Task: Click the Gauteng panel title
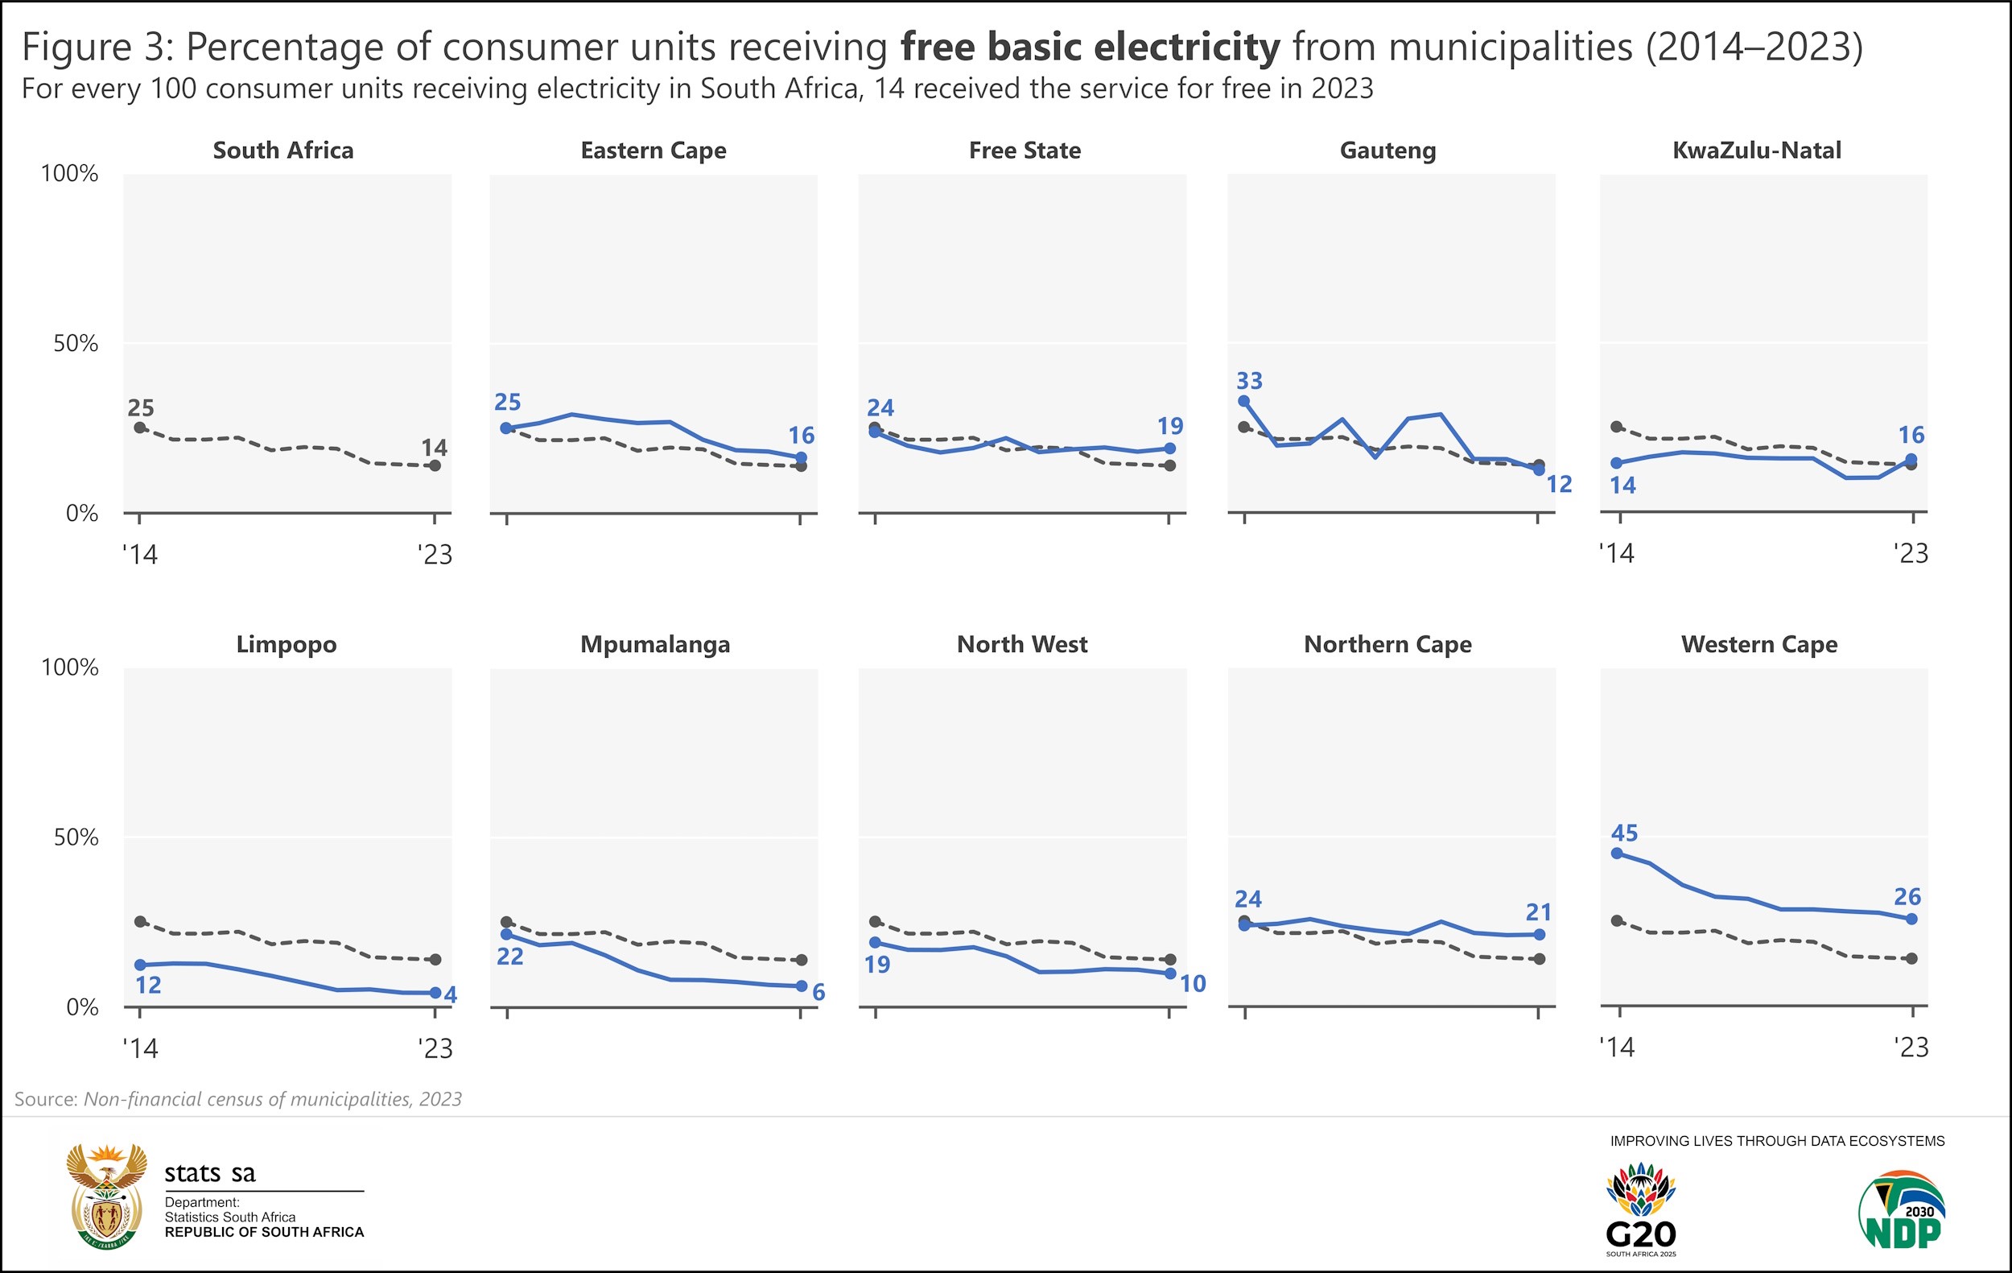1387,151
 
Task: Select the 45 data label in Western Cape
1624,833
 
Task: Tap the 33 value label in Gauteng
1249,380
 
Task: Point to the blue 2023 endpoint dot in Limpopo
435,993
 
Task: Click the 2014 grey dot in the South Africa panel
140,428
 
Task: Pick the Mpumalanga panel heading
655,644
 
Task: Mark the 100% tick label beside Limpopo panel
69,667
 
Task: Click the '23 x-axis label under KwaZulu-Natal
1911,553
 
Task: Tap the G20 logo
1641,1211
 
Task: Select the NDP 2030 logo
1902,1209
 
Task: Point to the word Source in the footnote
46,1099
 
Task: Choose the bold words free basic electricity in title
1090,47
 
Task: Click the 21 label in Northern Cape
1538,912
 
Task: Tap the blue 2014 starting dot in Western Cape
1617,853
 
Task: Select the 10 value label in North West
1193,984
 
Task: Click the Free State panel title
1025,151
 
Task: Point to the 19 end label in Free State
1169,426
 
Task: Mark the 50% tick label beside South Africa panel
75,344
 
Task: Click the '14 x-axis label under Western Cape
1616,1048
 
